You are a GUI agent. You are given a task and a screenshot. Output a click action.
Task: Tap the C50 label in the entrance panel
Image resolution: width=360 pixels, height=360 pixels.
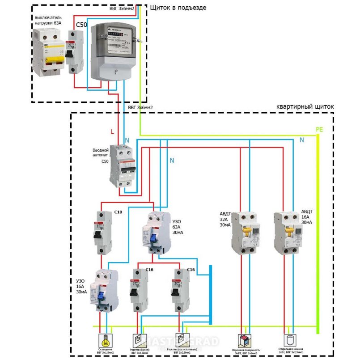click(x=81, y=25)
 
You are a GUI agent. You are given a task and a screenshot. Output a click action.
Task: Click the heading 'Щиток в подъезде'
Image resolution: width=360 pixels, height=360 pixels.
click(x=178, y=8)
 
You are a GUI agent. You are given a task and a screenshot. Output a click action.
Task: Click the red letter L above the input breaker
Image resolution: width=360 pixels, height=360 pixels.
click(x=112, y=131)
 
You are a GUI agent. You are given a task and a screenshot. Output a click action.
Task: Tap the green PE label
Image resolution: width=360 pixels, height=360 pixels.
click(x=319, y=129)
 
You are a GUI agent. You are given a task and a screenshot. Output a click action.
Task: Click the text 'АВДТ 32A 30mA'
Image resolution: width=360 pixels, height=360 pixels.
click(x=225, y=219)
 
